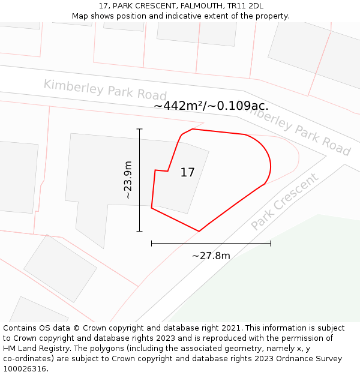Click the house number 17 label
click(x=187, y=173)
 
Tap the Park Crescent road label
click(x=284, y=202)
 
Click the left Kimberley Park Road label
click(x=105, y=89)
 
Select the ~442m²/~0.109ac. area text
click(x=211, y=106)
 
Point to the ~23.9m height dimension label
click(x=128, y=180)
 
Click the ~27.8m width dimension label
click(x=211, y=256)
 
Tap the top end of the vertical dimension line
click(x=140, y=129)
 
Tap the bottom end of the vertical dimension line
click(x=140, y=231)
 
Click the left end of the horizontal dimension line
click(x=152, y=243)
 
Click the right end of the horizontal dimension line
click(x=271, y=243)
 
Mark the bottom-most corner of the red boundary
click(x=199, y=231)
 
